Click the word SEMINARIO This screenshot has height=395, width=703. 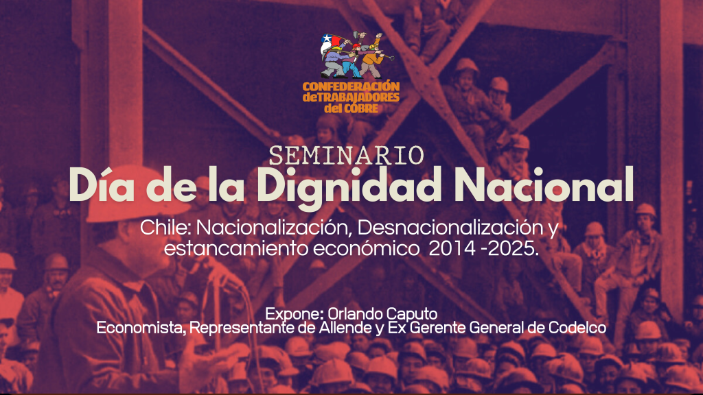(346, 156)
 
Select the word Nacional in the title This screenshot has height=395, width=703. (544, 184)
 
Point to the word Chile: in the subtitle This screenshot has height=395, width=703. (165, 228)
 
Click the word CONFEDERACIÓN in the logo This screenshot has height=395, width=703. (351, 86)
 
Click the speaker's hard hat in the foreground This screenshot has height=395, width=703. (135, 193)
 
